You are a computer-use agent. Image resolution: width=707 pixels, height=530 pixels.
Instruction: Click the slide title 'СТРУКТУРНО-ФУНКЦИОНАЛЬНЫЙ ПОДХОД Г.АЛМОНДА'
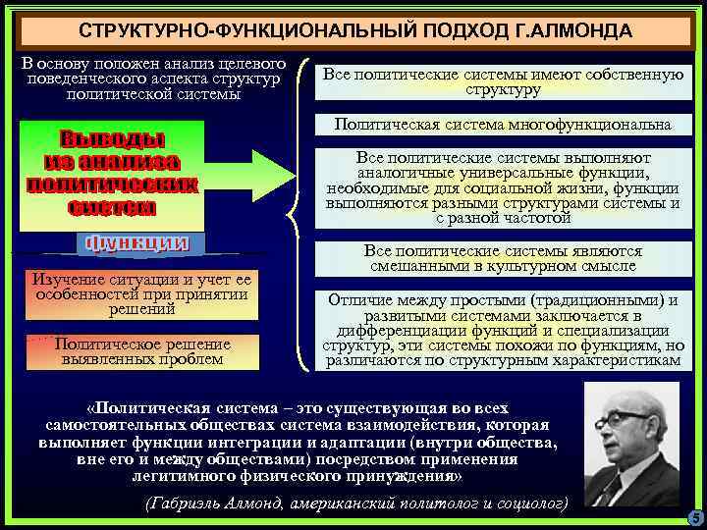click(x=354, y=30)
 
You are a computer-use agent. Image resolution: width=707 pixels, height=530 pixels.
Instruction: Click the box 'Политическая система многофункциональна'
click(x=502, y=125)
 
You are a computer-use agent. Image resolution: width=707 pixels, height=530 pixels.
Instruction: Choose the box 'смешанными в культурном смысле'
click(x=502, y=258)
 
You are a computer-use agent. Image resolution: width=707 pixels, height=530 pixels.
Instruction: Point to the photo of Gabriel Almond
click(x=630, y=443)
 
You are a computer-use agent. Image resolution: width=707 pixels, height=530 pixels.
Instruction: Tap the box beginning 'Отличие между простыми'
click(x=502, y=329)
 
